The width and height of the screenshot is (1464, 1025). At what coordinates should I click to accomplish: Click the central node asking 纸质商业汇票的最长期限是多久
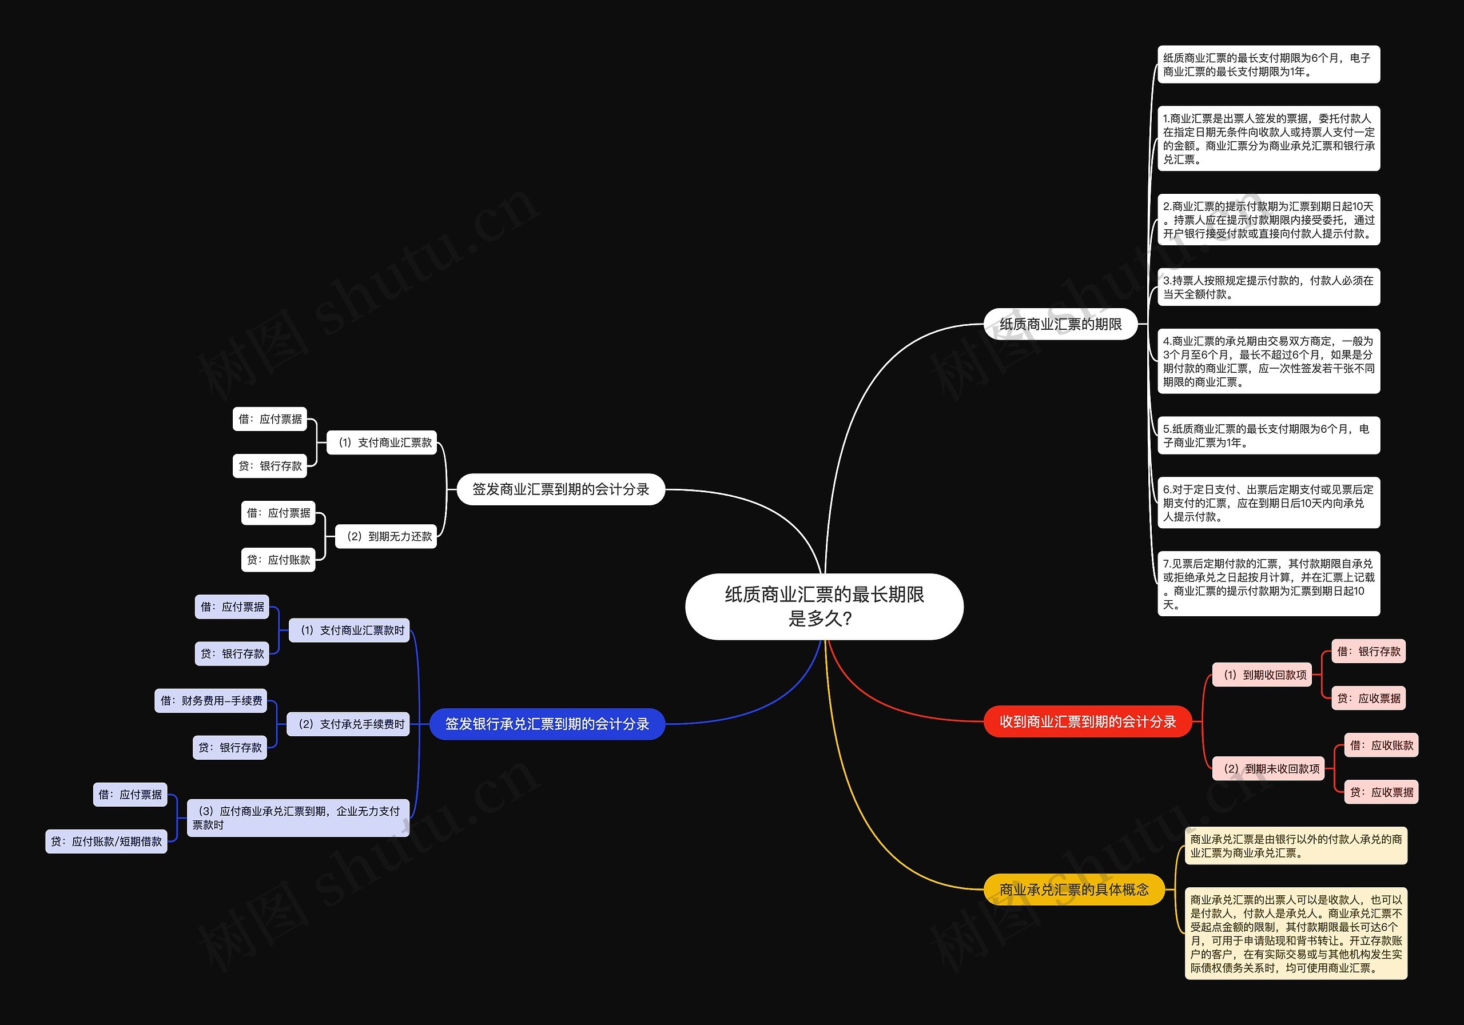pos(824,606)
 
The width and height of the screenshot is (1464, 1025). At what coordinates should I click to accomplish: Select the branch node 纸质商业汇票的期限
pos(1060,324)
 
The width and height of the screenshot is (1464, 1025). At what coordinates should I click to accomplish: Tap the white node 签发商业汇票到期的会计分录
pos(560,489)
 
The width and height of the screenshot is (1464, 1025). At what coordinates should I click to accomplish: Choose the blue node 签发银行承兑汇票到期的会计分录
pos(547,724)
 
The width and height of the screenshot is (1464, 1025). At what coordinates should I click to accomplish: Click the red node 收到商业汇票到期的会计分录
pos(1087,721)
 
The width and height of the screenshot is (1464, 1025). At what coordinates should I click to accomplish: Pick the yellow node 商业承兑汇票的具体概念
pos(1074,889)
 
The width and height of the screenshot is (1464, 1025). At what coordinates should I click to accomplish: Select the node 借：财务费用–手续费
pos(211,700)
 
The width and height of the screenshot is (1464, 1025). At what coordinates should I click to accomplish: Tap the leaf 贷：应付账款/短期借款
pos(106,841)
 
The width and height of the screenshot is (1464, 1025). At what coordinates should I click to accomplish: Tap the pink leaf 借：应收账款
pos(1381,745)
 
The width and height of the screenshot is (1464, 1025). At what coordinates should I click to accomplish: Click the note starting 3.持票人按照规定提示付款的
pos(1268,287)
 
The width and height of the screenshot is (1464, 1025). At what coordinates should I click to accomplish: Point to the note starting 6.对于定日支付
pos(1268,502)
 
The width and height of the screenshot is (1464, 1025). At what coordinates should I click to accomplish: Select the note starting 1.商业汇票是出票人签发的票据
pos(1268,138)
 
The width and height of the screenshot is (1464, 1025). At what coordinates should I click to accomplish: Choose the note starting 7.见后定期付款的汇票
pos(1268,583)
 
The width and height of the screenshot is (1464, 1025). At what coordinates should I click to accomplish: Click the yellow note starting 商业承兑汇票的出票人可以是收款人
pos(1296,933)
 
